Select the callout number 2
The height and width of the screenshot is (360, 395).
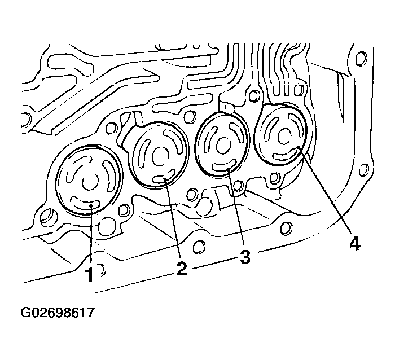tap(181, 267)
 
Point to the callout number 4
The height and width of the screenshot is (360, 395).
tap(354, 243)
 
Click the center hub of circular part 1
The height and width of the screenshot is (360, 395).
tap(89, 182)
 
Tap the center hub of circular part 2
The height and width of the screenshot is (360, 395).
tap(159, 154)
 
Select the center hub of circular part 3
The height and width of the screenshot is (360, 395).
tap(223, 141)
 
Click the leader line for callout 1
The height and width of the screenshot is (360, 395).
tap(90, 237)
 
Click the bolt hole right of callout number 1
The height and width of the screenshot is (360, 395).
tap(102, 272)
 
